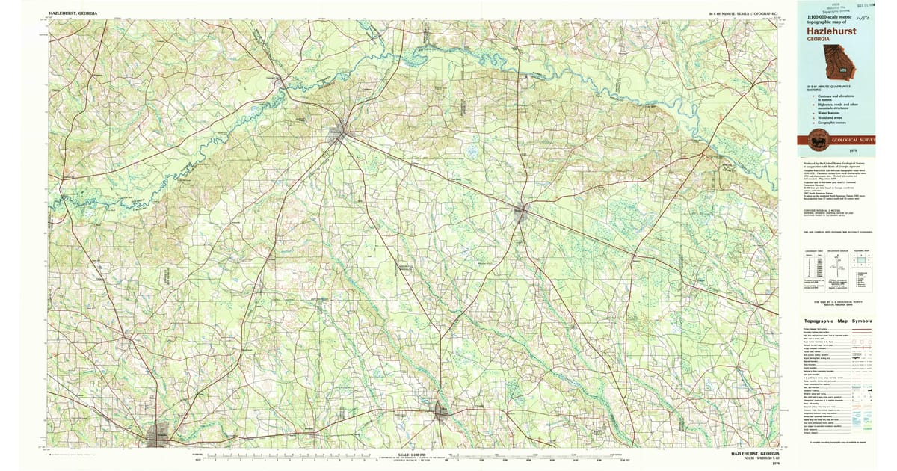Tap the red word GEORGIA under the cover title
818,40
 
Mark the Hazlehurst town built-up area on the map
339,135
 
